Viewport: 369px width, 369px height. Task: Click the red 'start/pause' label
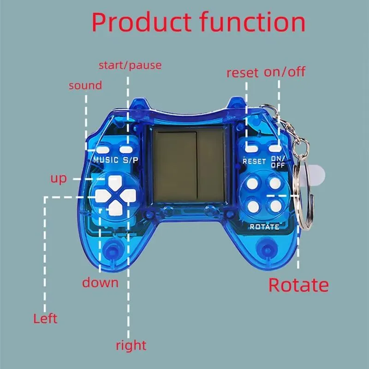tap(130, 65)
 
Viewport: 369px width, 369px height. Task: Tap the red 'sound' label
tap(85, 86)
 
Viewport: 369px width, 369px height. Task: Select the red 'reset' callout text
tap(242, 73)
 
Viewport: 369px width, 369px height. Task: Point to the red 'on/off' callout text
tap(285, 71)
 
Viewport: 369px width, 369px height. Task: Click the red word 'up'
tap(59, 179)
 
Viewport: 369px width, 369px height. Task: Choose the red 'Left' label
tap(45, 319)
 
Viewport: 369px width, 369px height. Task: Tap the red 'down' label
tap(100, 282)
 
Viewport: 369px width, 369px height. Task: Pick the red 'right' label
tap(131, 345)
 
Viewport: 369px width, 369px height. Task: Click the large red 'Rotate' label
tap(298, 285)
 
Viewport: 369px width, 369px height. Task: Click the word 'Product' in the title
tap(141, 23)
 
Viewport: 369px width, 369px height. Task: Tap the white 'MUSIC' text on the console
tap(106, 160)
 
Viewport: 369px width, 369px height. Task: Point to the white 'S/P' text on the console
tap(131, 160)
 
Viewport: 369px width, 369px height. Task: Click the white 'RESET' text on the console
tap(254, 161)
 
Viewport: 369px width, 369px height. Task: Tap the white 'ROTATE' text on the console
tap(264, 227)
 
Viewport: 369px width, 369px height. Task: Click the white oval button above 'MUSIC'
tap(102, 150)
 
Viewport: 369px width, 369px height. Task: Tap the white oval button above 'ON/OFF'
tap(275, 149)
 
